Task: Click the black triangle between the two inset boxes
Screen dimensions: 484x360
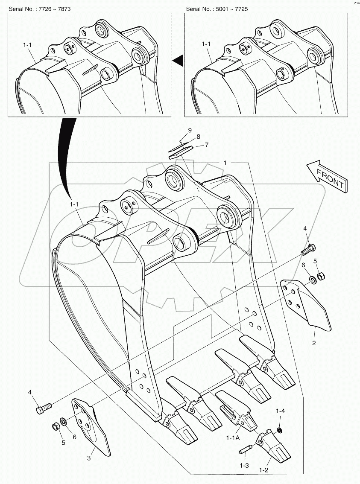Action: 178,61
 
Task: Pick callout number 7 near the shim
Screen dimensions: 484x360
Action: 206,145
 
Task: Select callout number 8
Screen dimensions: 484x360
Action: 198,137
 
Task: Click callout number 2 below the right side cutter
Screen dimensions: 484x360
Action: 314,342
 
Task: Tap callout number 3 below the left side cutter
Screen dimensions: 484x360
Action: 89,458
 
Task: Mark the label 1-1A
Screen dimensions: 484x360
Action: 233,438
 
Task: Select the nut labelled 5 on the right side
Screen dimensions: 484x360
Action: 322,276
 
